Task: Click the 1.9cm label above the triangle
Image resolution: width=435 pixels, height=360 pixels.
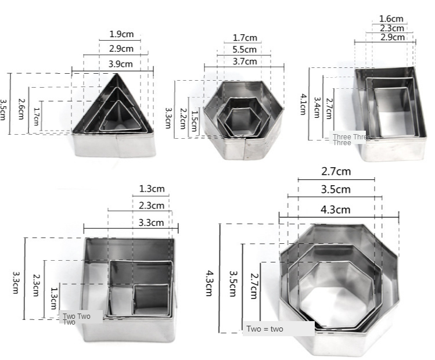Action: tap(121, 34)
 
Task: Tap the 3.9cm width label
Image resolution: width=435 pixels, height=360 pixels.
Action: tap(120, 64)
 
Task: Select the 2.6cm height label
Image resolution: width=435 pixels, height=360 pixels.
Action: tap(21, 109)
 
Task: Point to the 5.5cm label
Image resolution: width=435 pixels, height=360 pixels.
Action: tap(245, 50)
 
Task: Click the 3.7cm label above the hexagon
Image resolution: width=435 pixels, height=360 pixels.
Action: tap(245, 62)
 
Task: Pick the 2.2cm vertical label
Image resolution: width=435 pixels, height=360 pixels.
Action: tap(183, 118)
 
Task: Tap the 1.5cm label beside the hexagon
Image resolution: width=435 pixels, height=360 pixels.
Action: tap(195, 121)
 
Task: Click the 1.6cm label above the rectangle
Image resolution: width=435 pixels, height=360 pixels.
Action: tap(391, 19)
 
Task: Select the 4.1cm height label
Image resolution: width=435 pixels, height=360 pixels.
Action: tap(303, 105)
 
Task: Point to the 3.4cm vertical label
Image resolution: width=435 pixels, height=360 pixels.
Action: tap(317, 107)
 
